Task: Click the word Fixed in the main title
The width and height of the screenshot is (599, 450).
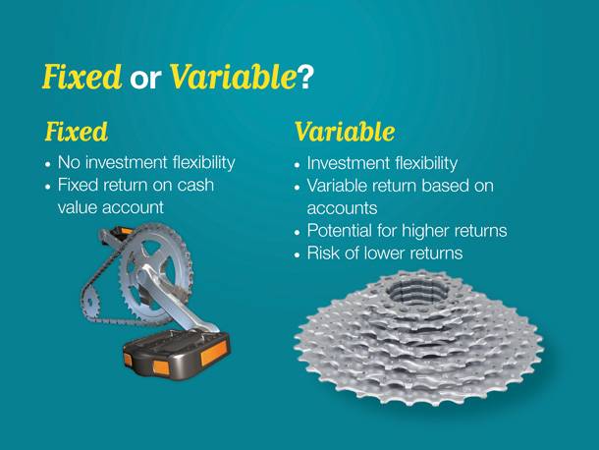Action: [x=82, y=77]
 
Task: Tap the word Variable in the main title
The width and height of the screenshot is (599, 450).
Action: [x=233, y=77]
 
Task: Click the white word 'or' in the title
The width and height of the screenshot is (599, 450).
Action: [x=145, y=80]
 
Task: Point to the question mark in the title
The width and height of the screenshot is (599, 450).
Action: [x=305, y=78]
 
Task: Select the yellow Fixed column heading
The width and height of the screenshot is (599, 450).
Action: [x=77, y=132]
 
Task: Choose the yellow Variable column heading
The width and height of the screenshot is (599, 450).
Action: [x=345, y=132]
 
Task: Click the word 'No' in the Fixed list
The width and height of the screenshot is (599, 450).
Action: [x=70, y=163]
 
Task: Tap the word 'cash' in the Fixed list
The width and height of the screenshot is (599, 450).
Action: [x=195, y=185]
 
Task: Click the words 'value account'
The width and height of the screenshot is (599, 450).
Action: [x=111, y=207]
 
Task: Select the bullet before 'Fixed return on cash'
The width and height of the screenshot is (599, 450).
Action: [x=48, y=187]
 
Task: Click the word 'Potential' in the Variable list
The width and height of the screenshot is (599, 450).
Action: [x=340, y=231]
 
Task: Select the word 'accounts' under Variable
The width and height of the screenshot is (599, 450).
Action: [x=343, y=208]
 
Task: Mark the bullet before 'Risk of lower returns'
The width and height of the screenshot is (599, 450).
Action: [x=298, y=255]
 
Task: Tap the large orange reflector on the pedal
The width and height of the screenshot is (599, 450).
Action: [x=214, y=352]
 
